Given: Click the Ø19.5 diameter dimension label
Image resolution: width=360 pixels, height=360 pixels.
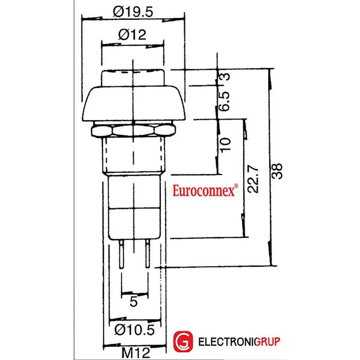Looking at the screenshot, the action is pyautogui.click(x=133, y=12).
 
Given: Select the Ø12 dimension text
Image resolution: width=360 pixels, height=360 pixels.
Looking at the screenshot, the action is pyautogui.click(x=132, y=35).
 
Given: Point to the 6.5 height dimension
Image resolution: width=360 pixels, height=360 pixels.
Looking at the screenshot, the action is pyautogui.click(x=224, y=101).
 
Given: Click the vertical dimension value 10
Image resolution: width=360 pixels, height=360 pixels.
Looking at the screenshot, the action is pyautogui.click(x=225, y=144).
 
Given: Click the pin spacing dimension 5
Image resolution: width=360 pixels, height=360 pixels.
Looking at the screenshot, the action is pyautogui.click(x=134, y=301).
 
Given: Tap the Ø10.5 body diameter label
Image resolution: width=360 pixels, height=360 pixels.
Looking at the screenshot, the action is pyautogui.click(x=135, y=330).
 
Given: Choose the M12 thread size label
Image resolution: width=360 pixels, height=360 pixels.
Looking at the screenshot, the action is pyautogui.click(x=136, y=353).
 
